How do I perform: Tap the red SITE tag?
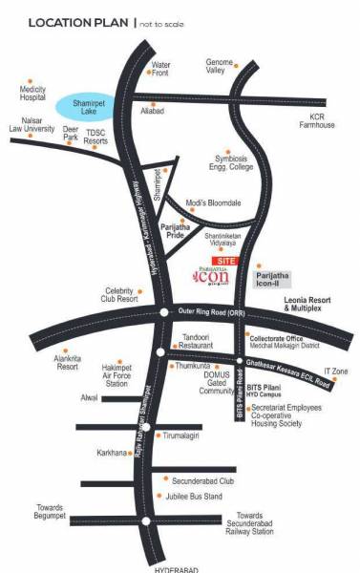(225, 259)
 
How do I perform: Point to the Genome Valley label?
(221, 67)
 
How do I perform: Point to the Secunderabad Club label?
(202, 481)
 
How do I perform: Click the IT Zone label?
(334, 371)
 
